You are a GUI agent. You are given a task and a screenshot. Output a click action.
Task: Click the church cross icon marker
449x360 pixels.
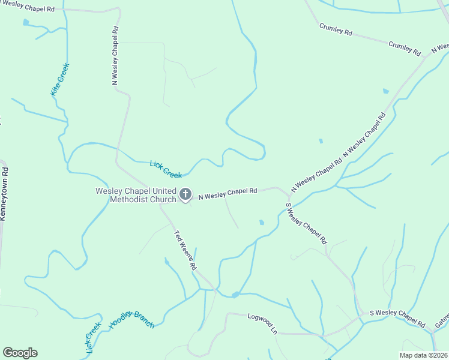click(185, 194)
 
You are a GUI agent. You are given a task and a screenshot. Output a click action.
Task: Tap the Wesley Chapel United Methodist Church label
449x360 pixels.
click(136, 195)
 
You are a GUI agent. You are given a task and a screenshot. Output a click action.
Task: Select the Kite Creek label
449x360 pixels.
click(59, 79)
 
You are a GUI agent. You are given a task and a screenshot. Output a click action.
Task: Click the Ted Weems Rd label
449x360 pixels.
click(185, 250)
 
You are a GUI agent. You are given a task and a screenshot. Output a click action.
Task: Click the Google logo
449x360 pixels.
click(20, 353)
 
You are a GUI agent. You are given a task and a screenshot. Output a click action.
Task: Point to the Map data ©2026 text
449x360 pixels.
click(423, 355)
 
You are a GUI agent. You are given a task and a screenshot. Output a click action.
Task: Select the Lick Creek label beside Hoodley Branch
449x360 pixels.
click(93, 338)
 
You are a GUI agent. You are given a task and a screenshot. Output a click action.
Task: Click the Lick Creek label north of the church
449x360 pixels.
click(166, 169)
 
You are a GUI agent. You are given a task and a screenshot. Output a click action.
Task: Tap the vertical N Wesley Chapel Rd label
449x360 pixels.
click(115, 55)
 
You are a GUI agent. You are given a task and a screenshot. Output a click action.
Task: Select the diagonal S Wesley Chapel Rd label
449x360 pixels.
click(306, 223)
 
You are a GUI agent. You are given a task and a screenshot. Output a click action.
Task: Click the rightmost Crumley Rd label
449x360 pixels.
click(405, 48)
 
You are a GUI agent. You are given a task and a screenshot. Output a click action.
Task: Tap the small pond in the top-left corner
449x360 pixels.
click(26, 23)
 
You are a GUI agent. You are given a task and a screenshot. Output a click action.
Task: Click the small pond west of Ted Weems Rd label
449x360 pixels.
click(167, 262)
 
